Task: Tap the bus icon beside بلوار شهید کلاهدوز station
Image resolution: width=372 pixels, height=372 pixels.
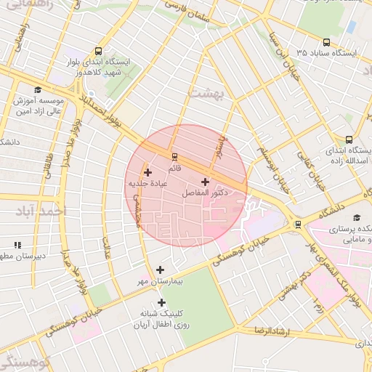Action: point(98,51)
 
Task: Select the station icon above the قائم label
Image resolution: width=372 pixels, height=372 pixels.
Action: point(174,156)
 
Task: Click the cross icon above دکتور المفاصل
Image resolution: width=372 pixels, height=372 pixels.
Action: point(205,182)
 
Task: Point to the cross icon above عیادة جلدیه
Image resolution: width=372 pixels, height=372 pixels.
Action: point(148,172)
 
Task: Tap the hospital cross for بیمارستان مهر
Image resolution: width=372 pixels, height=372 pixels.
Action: point(160,270)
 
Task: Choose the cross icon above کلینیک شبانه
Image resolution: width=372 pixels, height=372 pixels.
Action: point(161,302)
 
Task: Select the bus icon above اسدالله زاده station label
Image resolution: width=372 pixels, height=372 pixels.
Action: point(349,139)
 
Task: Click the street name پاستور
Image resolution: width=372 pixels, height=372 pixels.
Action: point(219,146)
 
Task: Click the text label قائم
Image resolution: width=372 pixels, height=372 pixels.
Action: point(174,169)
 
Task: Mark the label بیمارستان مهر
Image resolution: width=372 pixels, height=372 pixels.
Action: point(161,280)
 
